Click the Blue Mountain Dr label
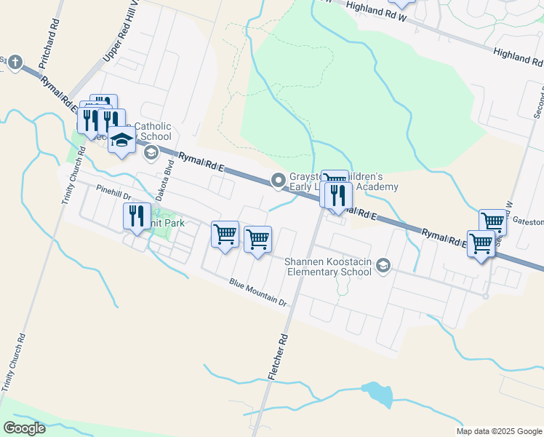point(258,292)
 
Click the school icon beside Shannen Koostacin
point(383,267)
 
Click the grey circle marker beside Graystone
point(278,180)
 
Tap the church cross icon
point(16,62)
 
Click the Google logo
point(24,428)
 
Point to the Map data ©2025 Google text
point(498,431)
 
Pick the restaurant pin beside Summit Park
point(136,216)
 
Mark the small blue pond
point(377,393)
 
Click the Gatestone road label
point(528,220)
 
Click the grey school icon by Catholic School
point(151,152)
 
